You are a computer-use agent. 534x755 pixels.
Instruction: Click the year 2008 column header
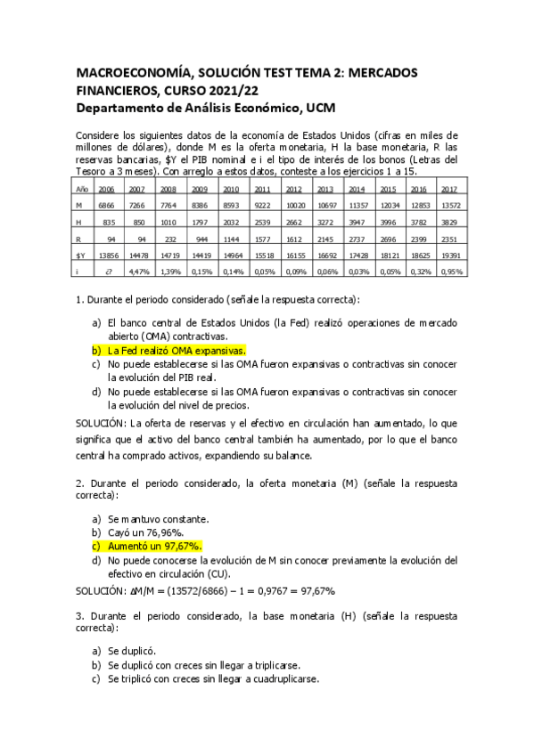click(168, 190)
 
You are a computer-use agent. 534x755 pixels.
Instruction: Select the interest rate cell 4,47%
click(137, 271)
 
